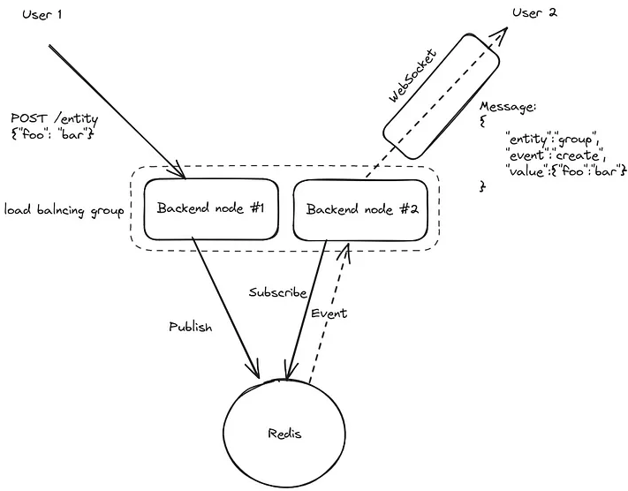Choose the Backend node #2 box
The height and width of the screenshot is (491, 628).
tap(365, 209)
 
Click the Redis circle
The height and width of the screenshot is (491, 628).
tap(284, 434)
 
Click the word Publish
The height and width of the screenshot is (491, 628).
tap(191, 327)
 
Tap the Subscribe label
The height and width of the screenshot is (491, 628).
tap(277, 292)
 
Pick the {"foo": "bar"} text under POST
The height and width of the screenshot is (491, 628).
tap(52, 136)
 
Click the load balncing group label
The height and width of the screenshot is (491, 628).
tap(64, 210)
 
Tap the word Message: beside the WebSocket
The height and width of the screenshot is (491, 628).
tap(508, 107)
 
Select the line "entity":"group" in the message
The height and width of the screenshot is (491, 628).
tap(552, 139)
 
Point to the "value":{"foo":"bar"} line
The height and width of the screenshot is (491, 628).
tap(565, 170)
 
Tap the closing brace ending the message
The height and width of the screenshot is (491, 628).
tap(482, 186)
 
